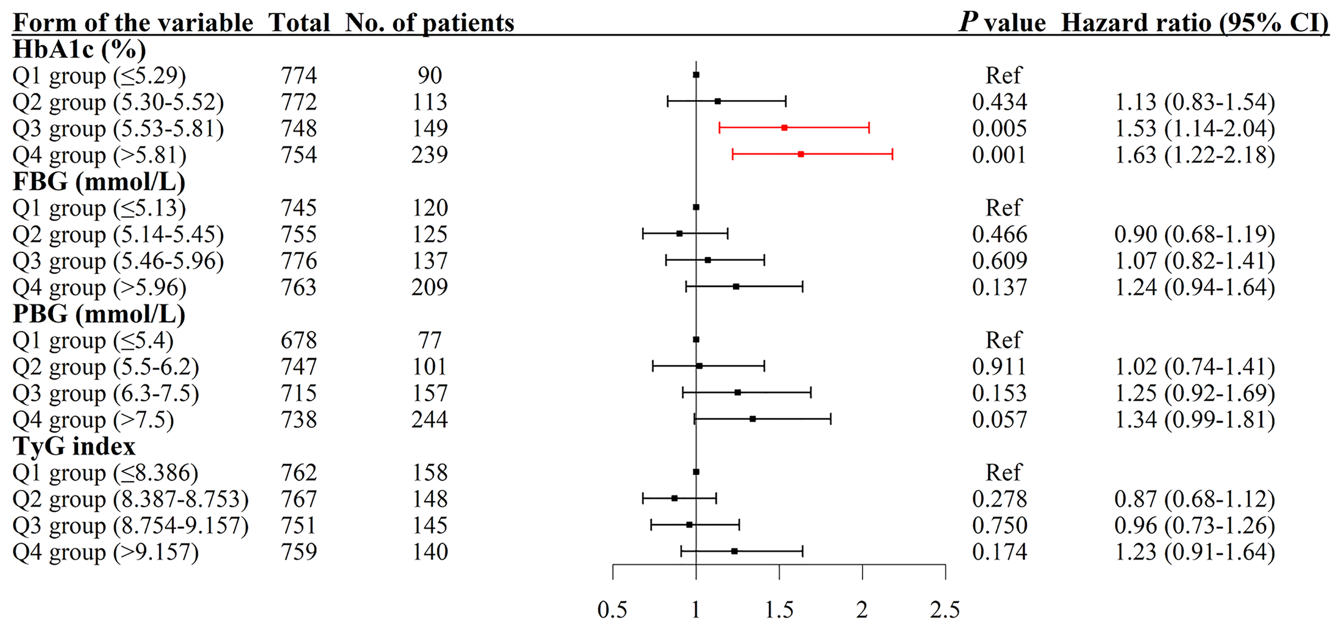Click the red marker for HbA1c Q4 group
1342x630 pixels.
pos(801,154)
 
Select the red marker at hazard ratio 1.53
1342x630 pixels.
pos(784,128)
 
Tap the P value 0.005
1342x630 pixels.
pos(999,128)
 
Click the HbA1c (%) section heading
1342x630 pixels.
pos(79,49)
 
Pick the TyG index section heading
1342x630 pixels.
pos(74,446)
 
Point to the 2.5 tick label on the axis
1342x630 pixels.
pos(945,610)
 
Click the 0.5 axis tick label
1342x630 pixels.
pos(612,610)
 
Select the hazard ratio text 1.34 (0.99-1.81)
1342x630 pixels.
pos(1194,419)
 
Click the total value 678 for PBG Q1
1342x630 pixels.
pos(299,340)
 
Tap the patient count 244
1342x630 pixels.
pos(429,419)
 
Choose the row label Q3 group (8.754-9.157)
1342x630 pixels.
pos(130,525)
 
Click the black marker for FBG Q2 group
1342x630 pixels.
pos(680,234)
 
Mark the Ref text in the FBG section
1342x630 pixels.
pos(1003,207)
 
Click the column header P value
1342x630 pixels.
pos(1002,23)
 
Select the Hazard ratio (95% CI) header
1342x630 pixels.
pos(1195,23)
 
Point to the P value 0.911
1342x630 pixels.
pos(999,367)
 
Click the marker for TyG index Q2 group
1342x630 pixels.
pos(675,498)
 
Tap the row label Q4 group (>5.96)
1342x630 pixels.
pos(99,287)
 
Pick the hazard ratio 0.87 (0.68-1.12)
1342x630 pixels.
pos(1194,499)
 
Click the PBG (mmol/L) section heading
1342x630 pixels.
pos(99,314)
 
